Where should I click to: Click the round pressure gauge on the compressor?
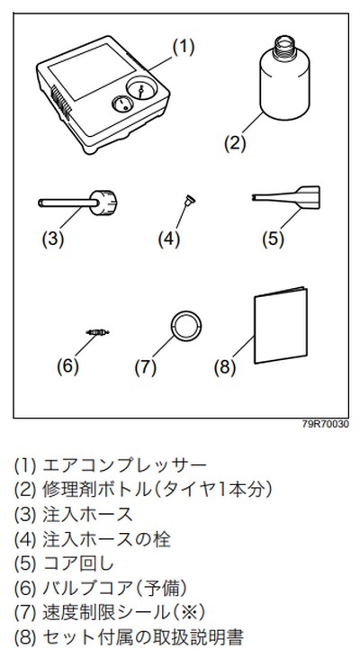click(x=140, y=89)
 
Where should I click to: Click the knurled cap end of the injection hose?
click(x=103, y=203)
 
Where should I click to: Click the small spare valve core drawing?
click(x=98, y=332)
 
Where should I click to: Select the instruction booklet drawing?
click(x=281, y=325)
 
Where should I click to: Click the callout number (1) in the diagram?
click(x=184, y=48)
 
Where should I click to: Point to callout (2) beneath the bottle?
click(x=235, y=143)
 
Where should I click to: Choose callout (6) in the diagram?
click(x=67, y=366)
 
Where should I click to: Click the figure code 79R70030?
click(x=326, y=424)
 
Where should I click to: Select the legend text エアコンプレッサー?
click(x=125, y=465)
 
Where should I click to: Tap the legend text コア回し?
click(x=78, y=563)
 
